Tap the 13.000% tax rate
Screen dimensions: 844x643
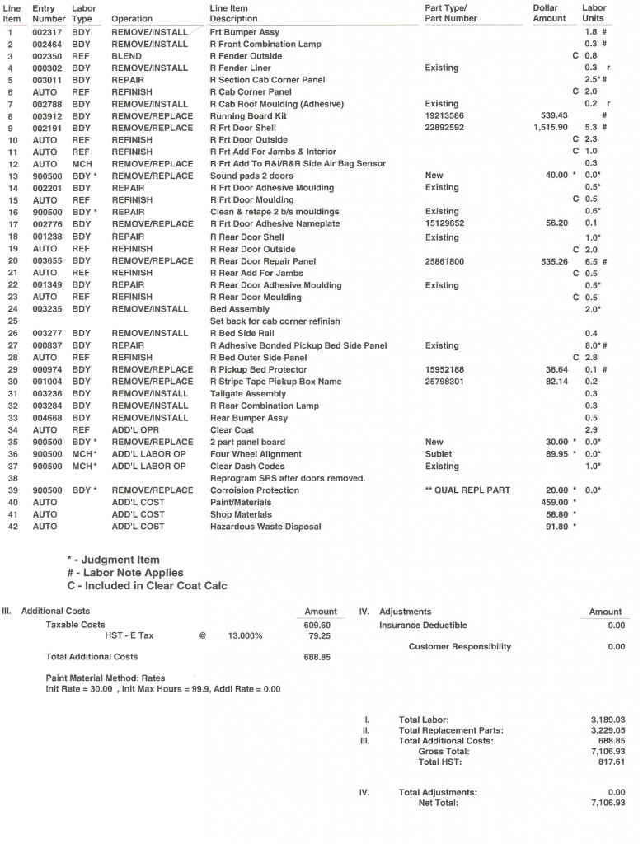[245, 636]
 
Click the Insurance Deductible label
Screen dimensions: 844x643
[423, 626]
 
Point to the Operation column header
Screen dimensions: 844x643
[132, 18]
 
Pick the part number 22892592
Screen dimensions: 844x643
[444, 128]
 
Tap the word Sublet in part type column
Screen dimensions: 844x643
[439, 454]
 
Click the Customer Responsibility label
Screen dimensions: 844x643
[460, 647]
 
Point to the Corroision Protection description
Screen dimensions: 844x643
[255, 490]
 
